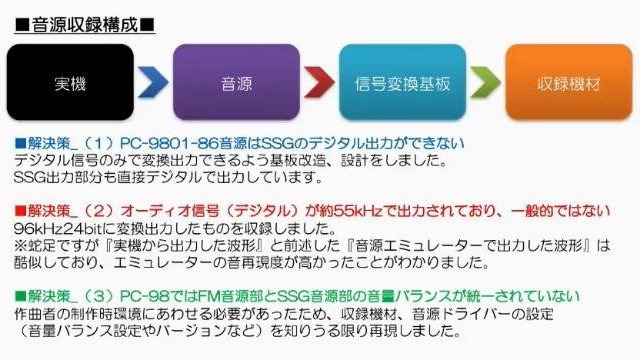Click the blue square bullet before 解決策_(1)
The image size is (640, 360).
[19, 144]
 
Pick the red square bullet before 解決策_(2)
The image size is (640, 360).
[19, 210]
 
